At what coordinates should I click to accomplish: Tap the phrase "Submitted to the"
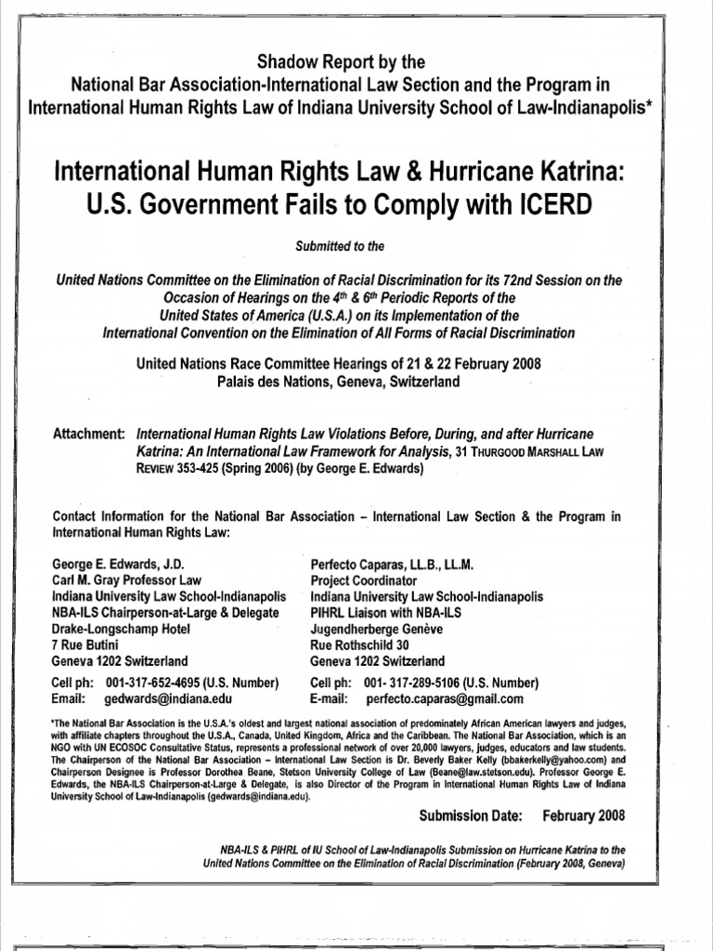point(356,246)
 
